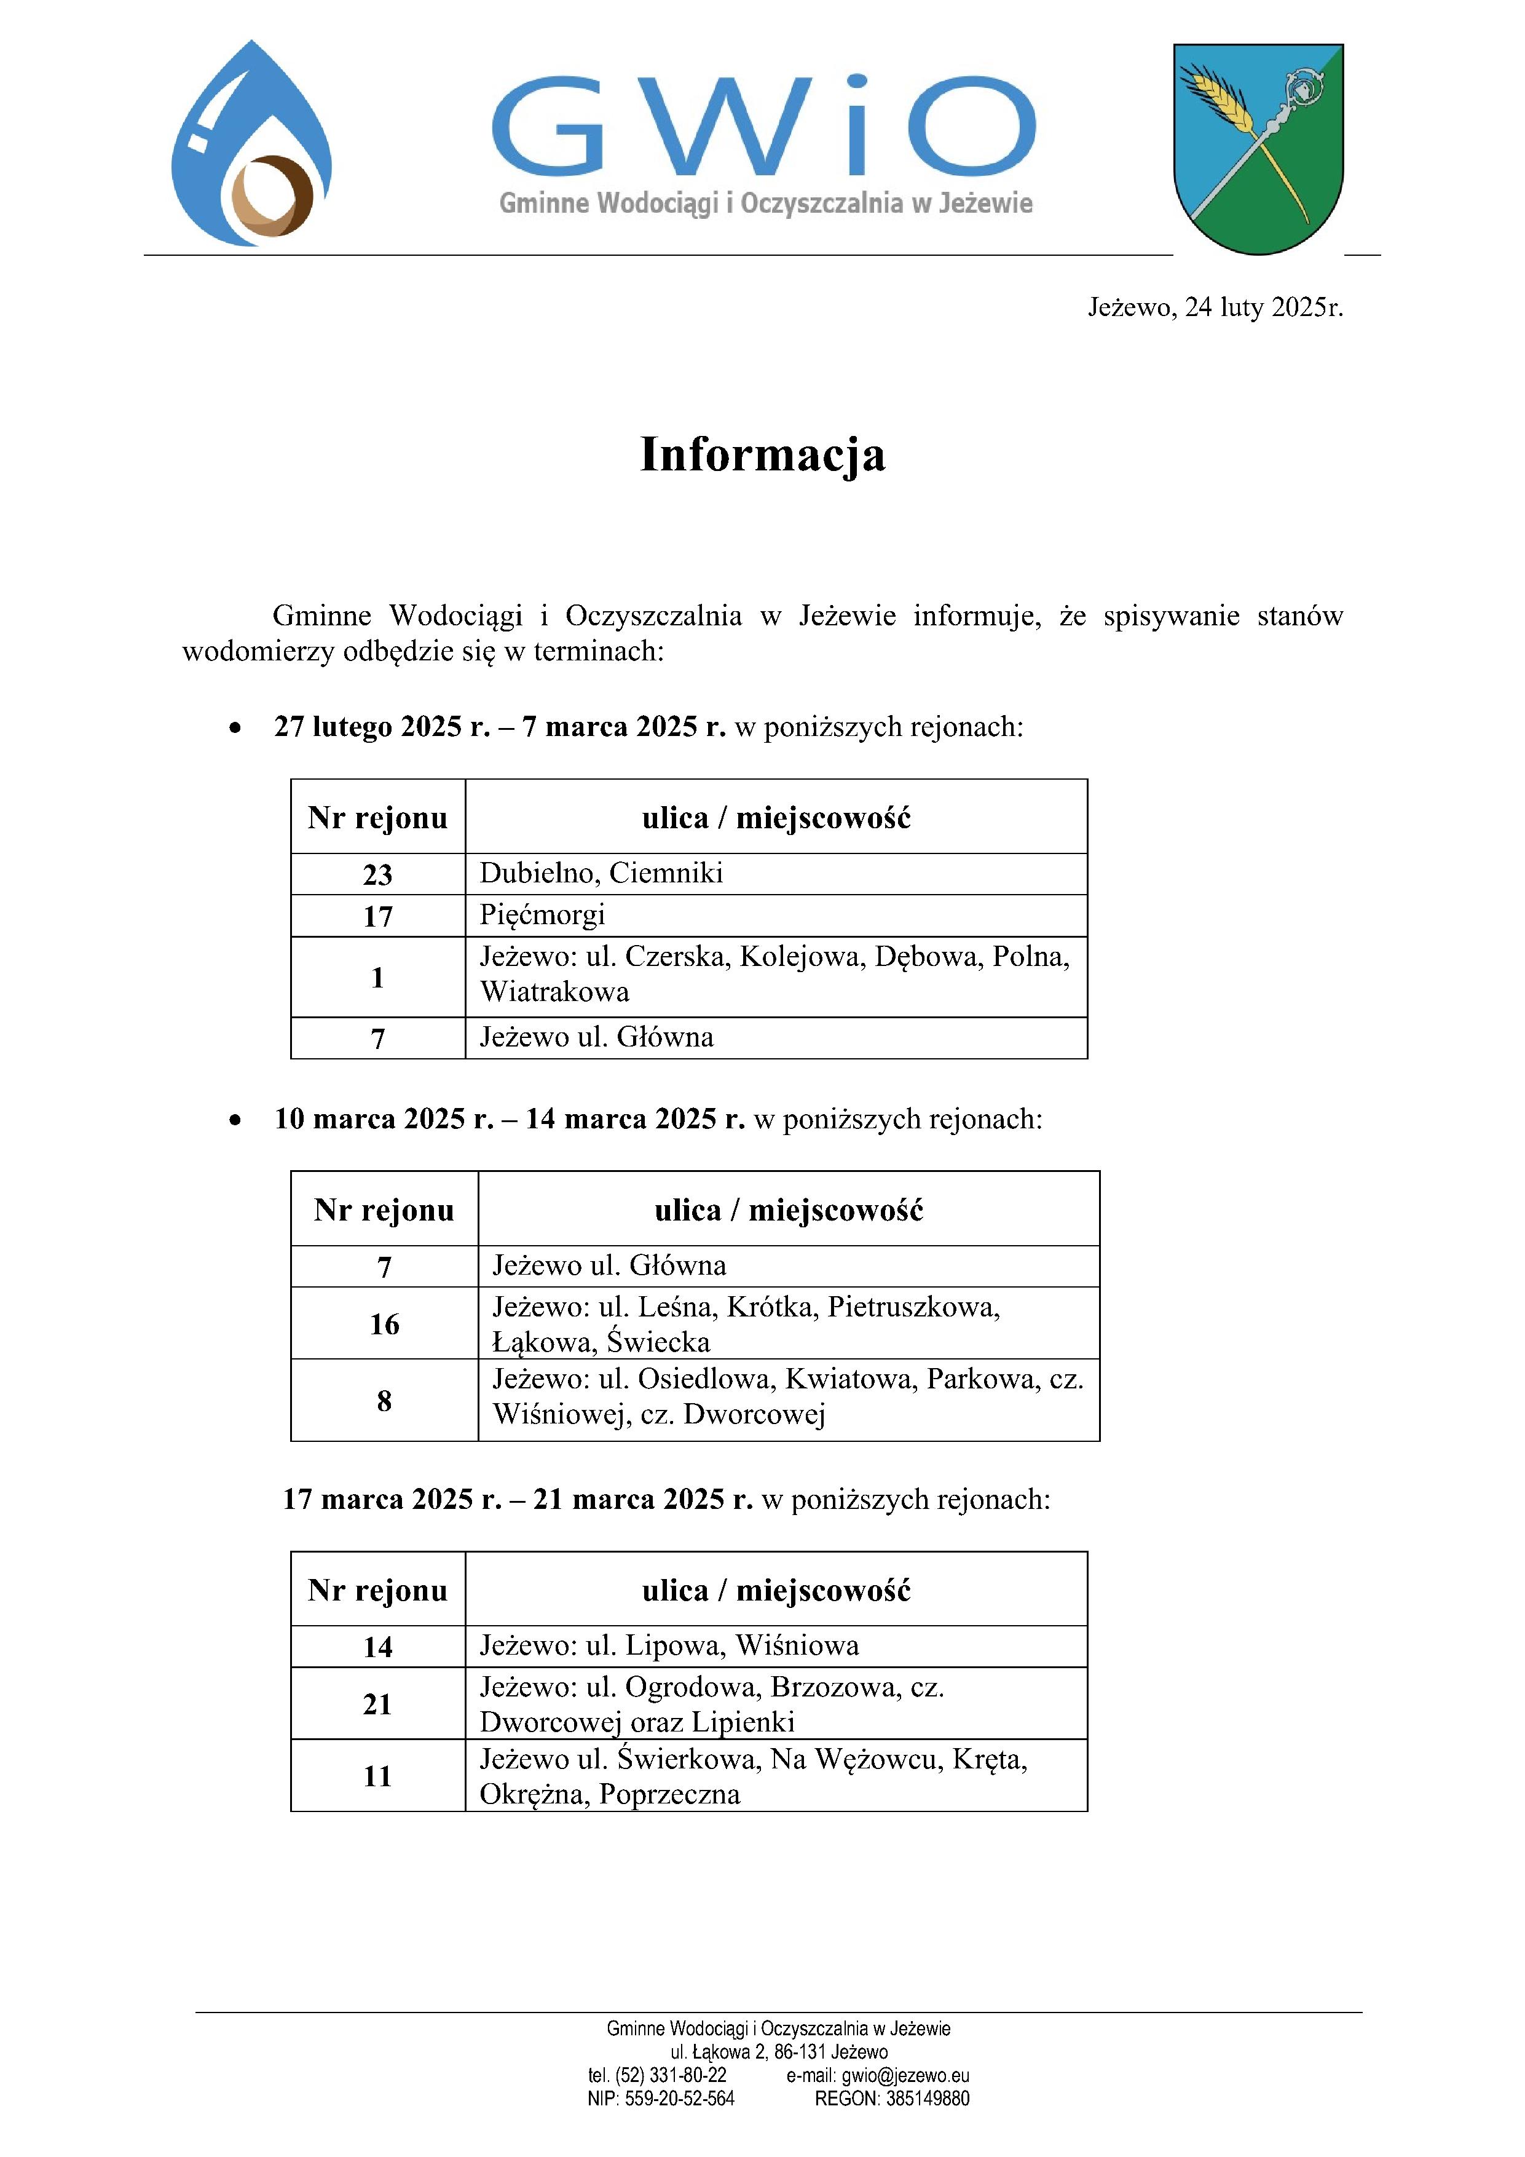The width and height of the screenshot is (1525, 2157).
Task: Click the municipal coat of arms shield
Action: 1258,148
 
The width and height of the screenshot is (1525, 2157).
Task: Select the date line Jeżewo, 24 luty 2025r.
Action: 1215,307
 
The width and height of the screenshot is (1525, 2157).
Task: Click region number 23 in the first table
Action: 377,874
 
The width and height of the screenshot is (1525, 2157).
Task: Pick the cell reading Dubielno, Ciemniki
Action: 601,874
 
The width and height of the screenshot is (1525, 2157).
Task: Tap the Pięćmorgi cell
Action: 543,915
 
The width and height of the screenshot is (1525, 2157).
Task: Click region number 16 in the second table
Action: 384,1324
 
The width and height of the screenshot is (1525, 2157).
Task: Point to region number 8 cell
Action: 384,1401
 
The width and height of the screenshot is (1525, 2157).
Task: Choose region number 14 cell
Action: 377,1647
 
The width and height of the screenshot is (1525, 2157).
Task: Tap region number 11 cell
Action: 377,1776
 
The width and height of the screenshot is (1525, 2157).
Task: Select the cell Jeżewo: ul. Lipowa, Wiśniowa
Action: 669,1646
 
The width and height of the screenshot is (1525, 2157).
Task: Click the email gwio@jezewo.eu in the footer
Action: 878,2075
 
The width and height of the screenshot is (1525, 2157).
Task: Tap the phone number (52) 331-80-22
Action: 671,2075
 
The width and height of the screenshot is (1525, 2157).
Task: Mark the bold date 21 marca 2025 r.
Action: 643,1498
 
